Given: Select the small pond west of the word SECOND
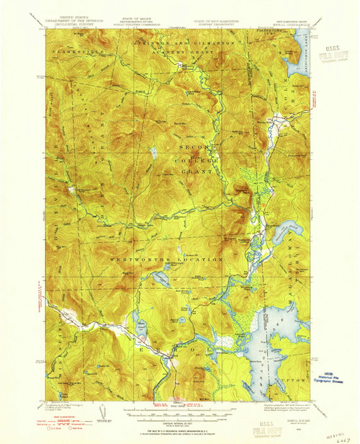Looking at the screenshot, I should (154, 153).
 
